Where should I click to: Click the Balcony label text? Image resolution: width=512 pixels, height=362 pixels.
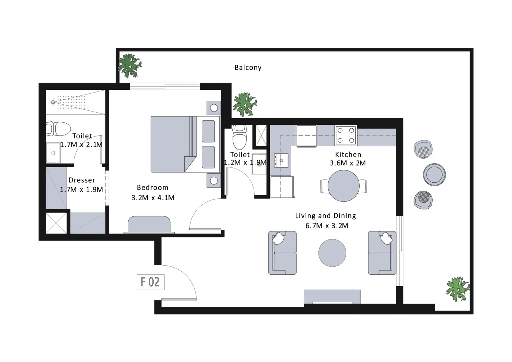(248, 67)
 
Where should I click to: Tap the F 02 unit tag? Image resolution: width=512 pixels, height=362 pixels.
(150, 282)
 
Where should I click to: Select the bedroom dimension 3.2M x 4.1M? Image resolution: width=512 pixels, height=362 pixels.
(153, 198)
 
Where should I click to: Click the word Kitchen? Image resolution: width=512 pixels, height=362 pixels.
(348, 155)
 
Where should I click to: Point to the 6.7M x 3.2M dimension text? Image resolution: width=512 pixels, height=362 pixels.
(326, 226)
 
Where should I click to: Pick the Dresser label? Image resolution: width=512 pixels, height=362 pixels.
(82, 180)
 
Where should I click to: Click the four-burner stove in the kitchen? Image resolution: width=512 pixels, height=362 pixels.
(346, 135)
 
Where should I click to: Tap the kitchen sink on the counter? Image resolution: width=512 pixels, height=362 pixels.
(281, 161)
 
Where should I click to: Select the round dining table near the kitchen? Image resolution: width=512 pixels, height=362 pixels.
(344, 186)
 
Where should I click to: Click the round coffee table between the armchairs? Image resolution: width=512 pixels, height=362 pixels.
(332, 253)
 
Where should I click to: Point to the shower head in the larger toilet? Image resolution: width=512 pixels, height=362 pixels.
(53, 102)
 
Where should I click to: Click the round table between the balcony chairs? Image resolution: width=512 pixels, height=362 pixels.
(434, 174)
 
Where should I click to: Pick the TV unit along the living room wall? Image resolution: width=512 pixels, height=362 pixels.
(332, 297)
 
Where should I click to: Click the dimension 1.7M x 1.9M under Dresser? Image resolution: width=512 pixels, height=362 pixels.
(81, 190)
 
